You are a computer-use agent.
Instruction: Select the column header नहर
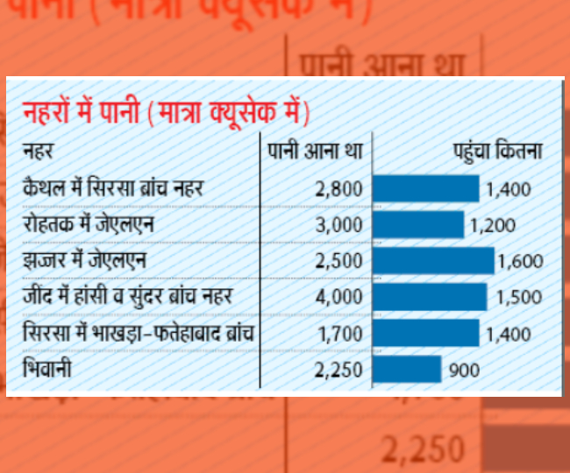click(x=38, y=150)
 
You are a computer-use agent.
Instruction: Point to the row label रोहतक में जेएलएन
click(x=90, y=224)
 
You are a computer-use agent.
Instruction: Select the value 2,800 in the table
click(x=338, y=187)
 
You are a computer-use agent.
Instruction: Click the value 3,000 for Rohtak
click(x=338, y=224)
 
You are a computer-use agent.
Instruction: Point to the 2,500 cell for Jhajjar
click(x=338, y=260)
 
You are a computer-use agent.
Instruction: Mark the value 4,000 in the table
click(x=338, y=296)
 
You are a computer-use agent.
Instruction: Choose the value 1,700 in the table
click(x=338, y=333)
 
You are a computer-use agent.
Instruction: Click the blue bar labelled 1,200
click(x=418, y=224)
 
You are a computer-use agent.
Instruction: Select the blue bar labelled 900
click(x=407, y=369)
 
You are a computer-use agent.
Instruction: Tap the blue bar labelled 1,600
click(x=433, y=260)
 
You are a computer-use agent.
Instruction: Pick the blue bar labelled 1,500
click(x=430, y=296)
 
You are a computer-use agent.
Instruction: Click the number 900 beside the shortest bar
click(x=464, y=370)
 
